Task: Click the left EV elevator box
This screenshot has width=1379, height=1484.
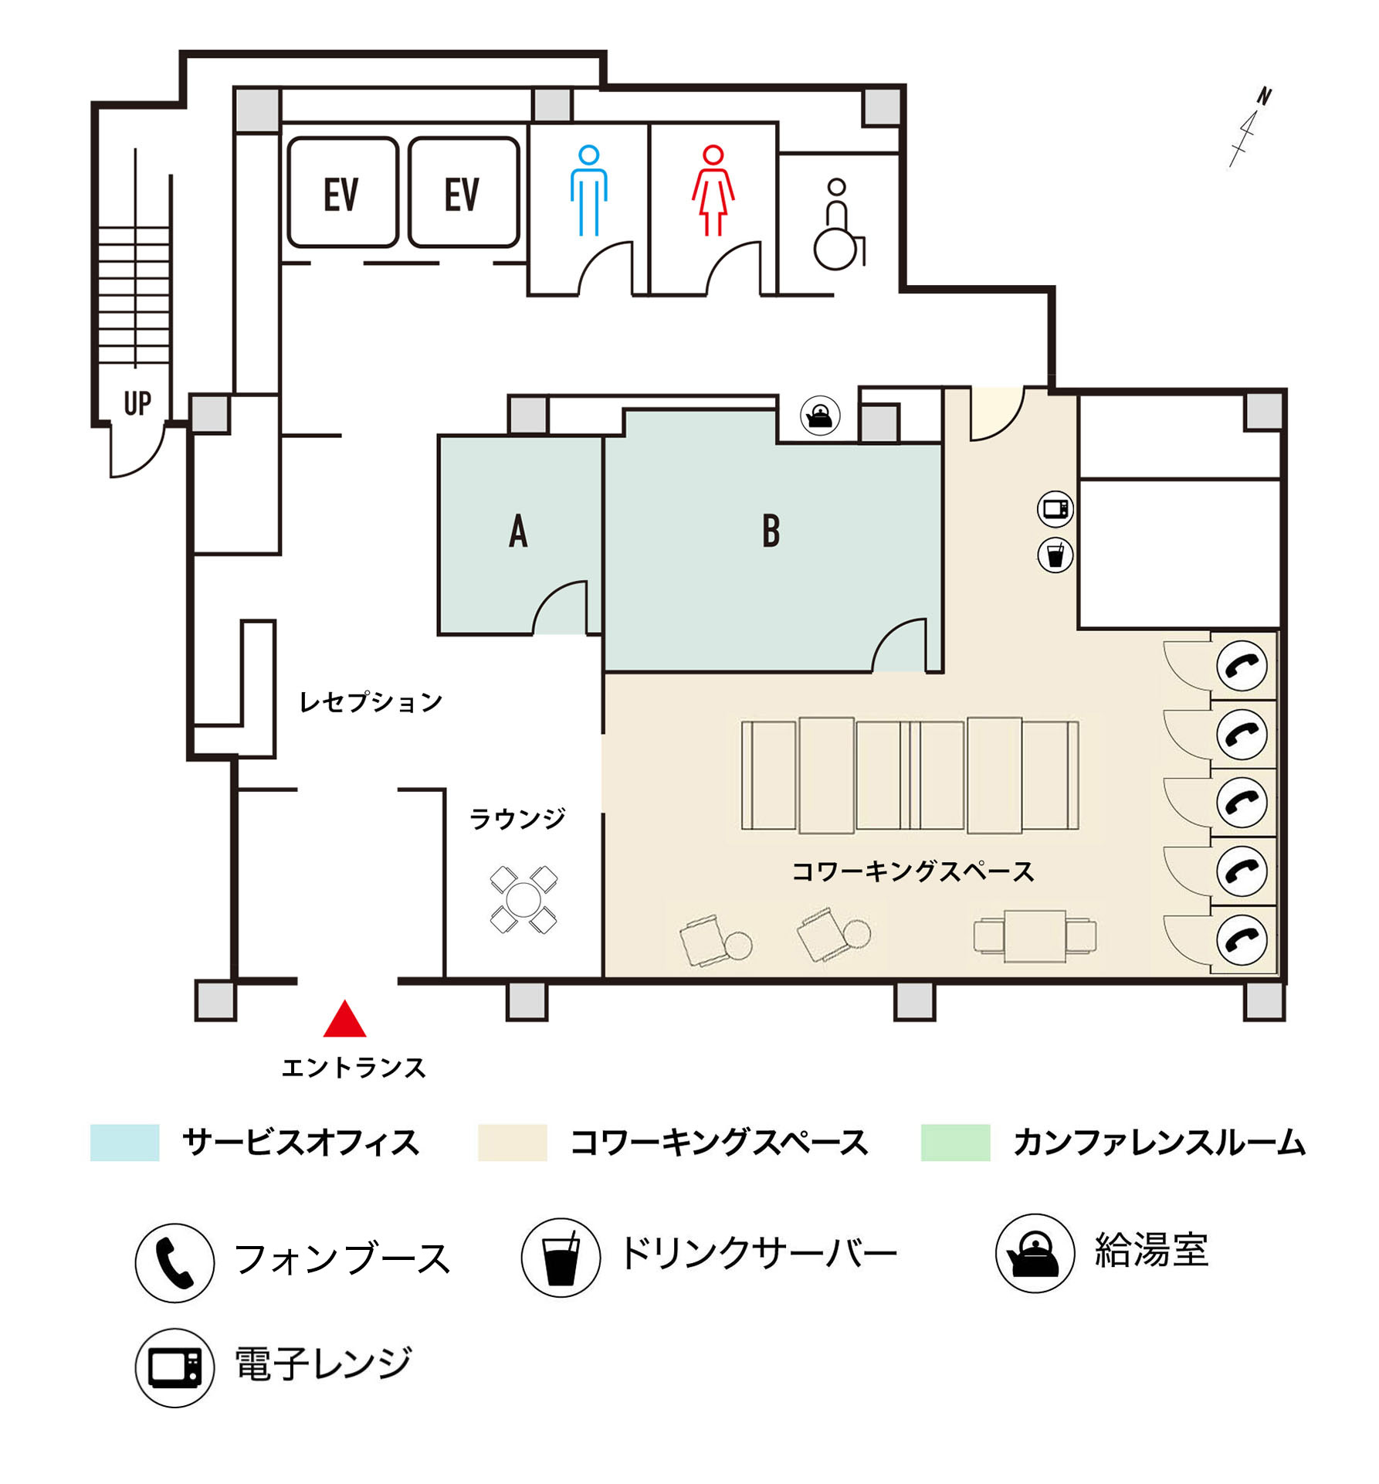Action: point(343,192)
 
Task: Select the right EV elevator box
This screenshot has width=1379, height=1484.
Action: point(463,192)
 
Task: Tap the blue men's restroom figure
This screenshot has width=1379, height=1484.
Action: point(588,190)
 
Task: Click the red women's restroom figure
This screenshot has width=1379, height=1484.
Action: point(713,190)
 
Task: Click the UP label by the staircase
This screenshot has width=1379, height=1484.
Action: point(137,403)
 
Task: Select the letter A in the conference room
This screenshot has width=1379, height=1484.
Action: point(518,531)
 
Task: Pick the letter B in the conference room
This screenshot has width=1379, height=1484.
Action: point(771,531)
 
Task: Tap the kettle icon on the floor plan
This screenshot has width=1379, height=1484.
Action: point(819,416)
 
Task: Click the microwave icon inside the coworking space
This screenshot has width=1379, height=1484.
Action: point(1055,509)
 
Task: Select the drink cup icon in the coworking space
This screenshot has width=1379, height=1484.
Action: point(1055,555)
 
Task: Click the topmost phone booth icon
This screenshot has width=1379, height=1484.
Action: point(1242,665)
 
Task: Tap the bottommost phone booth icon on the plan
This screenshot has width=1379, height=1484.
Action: point(1242,939)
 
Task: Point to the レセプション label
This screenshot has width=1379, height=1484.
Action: point(371,701)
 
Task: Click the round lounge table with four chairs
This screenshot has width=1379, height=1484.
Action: point(523,900)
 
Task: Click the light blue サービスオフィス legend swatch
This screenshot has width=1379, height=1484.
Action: point(124,1143)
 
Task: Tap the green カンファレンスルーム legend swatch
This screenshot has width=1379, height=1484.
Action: point(955,1143)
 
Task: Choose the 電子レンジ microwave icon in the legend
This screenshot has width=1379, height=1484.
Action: point(174,1367)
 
